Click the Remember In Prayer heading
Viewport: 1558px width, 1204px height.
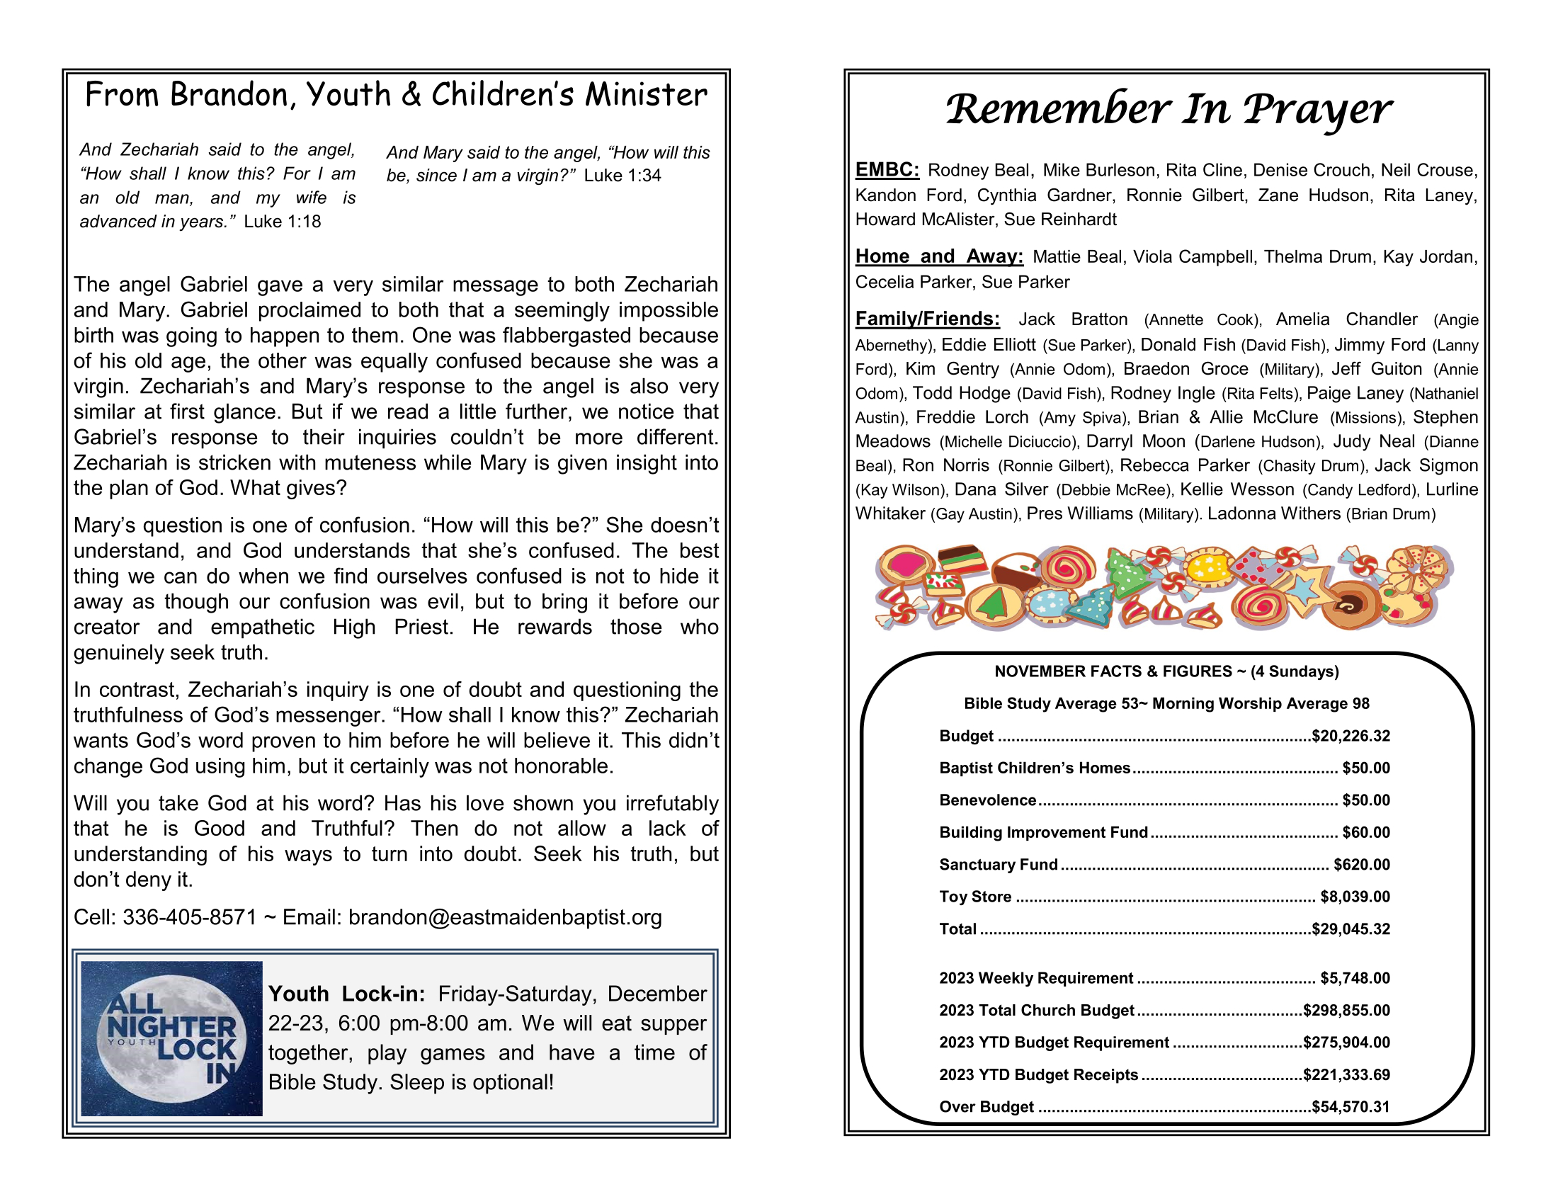click(1168, 110)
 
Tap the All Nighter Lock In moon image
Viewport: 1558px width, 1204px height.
click(171, 1038)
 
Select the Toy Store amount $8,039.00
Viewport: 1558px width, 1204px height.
click(1355, 897)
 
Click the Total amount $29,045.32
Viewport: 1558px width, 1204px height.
click(1351, 928)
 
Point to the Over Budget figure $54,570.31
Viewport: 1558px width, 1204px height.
click(1351, 1106)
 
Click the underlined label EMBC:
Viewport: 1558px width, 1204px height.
click(887, 170)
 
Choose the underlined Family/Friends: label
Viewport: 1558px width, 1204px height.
click(928, 319)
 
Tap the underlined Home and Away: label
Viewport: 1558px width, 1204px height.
click(939, 256)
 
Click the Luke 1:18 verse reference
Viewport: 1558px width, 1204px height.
click(283, 222)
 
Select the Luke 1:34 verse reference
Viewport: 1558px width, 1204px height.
click(622, 176)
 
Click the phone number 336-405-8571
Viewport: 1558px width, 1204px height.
click(189, 917)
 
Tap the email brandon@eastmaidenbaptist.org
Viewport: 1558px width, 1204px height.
click(505, 917)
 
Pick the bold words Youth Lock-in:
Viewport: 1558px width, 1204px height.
click(347, 994)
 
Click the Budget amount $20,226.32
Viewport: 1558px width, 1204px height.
click(1351, 736)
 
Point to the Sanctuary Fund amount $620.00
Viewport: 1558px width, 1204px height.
click(1361, 865)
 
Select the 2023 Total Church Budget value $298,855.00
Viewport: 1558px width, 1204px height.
click(1346, 1010)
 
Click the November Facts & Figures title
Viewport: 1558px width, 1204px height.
click(1166, 671)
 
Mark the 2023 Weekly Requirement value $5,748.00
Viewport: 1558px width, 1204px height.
click(1355, 978)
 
